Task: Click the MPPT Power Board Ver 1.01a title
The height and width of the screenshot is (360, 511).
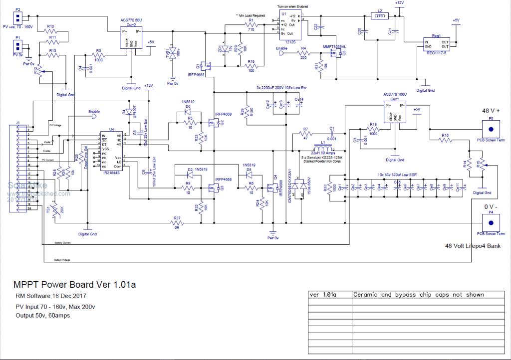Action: (74, 285)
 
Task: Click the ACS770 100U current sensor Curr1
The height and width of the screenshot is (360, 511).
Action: (394, 113)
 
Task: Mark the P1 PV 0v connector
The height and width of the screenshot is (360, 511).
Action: (18, 46)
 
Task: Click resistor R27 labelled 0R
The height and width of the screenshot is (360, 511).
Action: (177, 224)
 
